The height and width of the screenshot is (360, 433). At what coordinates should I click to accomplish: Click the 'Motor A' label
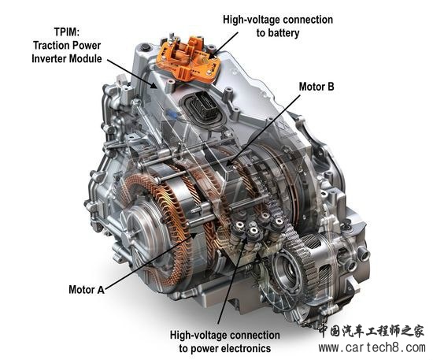(x=87, y=290)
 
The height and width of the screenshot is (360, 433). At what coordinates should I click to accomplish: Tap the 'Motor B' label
(x=316, y=87)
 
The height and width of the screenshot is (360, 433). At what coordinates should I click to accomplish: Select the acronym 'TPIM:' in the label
(x=67, y=32)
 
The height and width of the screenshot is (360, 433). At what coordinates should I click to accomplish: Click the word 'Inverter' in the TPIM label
(x=49, y=58)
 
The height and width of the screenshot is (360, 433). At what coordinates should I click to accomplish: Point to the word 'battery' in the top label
(x=285, y=33)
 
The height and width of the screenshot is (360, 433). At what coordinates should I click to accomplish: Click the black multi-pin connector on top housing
(x=204, y=107)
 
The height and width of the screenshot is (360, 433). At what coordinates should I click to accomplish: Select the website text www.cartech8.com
(x=372, y=347)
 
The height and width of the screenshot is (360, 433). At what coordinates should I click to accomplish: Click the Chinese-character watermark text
(x=372, y=331)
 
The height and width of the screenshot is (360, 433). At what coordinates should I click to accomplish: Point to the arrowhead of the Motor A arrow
(x=194, y=235)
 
